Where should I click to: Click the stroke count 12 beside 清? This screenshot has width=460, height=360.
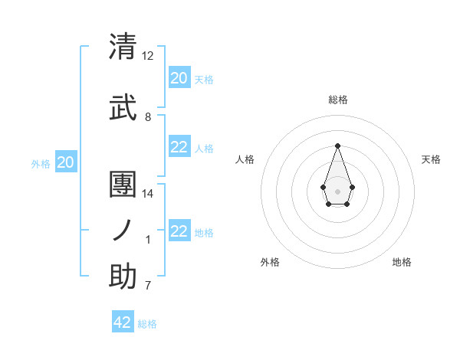pyautogui.click(x=148, y=56)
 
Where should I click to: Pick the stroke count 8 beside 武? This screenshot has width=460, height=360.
pyautogui.click(x=148, y=117)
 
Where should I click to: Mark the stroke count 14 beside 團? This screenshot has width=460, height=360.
pyautogui.click(x=148, y=194)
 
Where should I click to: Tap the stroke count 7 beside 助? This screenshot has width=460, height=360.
pyautogui.click(x=148, y=286)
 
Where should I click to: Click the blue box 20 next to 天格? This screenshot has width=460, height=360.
pyautogui.click(x=179, y=77)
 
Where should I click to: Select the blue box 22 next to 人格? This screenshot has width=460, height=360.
pyautogui.click(x=179, y=147)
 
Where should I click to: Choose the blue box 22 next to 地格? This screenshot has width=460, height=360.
pyautogui.click(x=179, y=231)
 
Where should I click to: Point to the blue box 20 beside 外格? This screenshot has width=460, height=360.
pyautogui.click(x=66, y=162)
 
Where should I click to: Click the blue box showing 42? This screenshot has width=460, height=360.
pyautogui.click(x=123, y=322)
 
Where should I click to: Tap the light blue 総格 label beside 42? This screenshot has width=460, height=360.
pyautogui.click(x=147, y=324)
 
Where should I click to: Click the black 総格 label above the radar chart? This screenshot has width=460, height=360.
pyautogui.click(x=337, y=100)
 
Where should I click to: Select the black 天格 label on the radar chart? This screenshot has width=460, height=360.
pyautogui.click(x=431, y=159)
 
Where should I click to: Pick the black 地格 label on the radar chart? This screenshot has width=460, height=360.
pyautogui.click(x=402, y=262)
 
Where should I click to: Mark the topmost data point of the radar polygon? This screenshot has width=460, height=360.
pyautogui.click(x=337, y=146)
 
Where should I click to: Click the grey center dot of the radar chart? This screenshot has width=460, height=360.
pyautogui.click(x=337, y=190)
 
